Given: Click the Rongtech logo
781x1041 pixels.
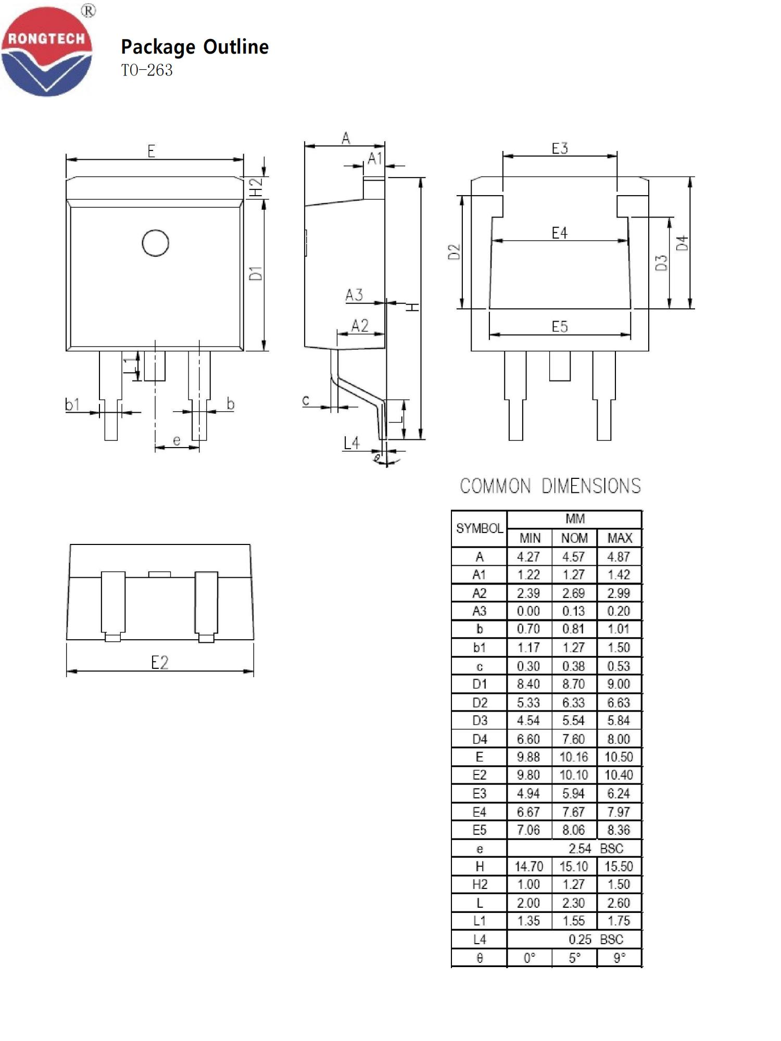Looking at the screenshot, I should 47,51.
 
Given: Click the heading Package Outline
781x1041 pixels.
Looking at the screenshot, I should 195,47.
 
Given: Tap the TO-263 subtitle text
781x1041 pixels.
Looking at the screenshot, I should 147,70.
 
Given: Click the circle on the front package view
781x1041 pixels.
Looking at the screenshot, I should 155,243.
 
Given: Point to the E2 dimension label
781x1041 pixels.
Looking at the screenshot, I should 159,663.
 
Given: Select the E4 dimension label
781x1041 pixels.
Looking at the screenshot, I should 559,233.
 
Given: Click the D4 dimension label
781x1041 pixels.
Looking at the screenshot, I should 682,243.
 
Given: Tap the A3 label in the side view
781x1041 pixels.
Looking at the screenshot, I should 354,295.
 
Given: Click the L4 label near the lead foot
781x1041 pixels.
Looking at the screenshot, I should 351,443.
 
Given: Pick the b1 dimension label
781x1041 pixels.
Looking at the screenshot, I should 72,404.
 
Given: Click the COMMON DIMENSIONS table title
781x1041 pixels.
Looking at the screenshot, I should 550,486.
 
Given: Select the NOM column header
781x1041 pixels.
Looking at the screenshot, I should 574,538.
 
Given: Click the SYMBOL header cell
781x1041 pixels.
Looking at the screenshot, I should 479,528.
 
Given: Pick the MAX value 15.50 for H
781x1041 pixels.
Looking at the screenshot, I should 619,867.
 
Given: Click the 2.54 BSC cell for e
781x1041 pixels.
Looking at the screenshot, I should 595,848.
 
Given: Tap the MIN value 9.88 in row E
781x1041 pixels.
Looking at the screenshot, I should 528,757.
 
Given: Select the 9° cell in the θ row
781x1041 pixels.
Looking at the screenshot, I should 619,958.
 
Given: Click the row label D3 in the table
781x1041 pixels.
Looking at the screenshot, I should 480,721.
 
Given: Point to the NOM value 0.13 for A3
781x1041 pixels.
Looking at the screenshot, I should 573,611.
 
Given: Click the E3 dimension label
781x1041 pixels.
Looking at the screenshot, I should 560,148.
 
